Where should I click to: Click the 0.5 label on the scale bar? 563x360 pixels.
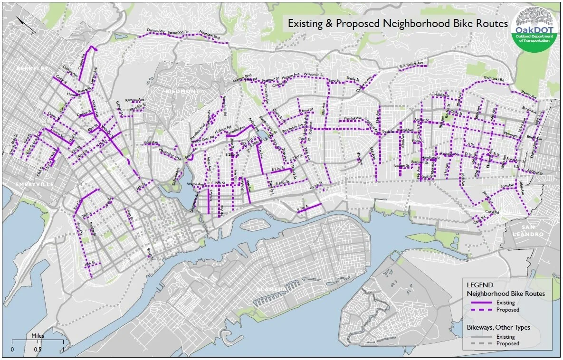tap(38, 350)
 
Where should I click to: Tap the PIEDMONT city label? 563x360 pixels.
tap(181, 91)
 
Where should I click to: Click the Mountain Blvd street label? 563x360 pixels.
tap(210, 36)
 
